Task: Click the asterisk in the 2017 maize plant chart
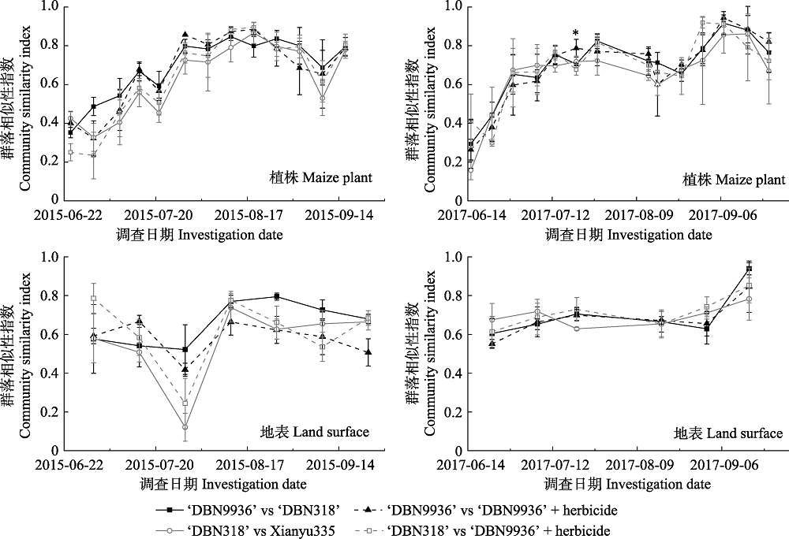pyautogui.click(x=576, y=33)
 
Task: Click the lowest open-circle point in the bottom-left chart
pyautogui.click(x=185, y=428)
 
